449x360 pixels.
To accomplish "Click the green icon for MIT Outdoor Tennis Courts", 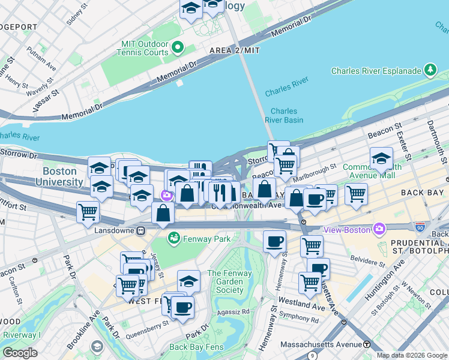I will point(178,47).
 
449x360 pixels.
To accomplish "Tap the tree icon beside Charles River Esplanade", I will point(430,71).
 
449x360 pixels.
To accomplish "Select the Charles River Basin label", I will point(284,115).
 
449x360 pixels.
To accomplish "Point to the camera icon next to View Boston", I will point(379,229).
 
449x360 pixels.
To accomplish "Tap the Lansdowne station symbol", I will point(141,230).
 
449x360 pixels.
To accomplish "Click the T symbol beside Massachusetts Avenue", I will point(366,344).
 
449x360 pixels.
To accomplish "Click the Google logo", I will point(20,353).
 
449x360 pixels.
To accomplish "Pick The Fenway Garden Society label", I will point(226,282).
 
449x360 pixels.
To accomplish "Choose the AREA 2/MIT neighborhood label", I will point(234,51).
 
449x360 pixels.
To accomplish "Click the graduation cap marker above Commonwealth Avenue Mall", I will point(381,160).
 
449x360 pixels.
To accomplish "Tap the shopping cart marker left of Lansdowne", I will point(88,212).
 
